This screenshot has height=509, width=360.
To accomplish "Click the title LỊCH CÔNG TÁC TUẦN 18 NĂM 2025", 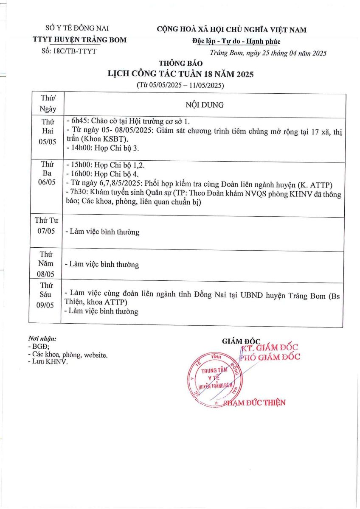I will pyautogui.click(x=180, y=74).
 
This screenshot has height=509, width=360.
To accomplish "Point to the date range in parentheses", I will pyautogui.click(x=180, y=85).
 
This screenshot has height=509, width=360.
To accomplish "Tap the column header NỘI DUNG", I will pyautogui.click(x=204, y=105).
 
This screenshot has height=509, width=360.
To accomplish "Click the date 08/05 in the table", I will pyautogui.click(x=47, y=274).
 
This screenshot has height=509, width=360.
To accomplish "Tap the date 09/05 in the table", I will pyautogui.click(x=47, y=304).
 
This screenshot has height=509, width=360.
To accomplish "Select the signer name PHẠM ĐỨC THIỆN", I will pyautogui.click(x=259, y=403).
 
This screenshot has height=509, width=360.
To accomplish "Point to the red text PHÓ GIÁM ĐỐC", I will pyautogui.click(x=270, y=357).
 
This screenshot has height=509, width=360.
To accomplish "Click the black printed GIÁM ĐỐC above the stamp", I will pyautogui.click(x=241, y=341).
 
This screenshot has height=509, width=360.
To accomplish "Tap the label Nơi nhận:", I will pyautogui.click(x=42, y=339).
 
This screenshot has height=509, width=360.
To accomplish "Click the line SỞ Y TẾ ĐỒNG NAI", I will pyautogui.click(x=77, y=29).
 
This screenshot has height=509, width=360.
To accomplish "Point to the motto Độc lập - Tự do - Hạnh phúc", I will pyautogui.click(x=236, y=41).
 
